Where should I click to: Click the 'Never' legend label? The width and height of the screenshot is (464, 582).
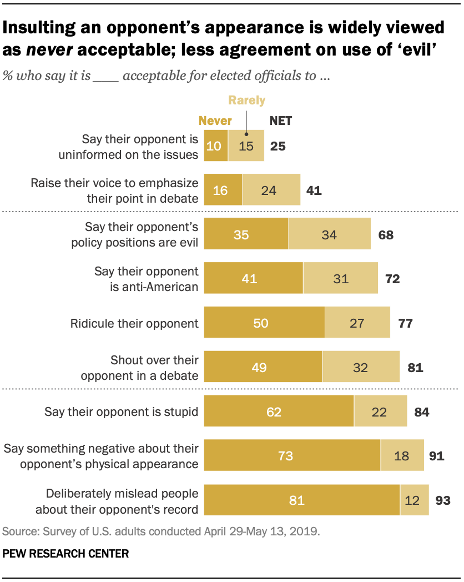[x=215, y=121]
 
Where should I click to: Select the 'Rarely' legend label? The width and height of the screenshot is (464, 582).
[x=247, y=101]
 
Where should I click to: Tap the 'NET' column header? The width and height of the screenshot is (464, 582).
[x=280, y=121]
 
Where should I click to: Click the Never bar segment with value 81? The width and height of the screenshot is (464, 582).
[x=302, y=500]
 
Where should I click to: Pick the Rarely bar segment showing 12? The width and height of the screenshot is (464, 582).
[x=414, y=500]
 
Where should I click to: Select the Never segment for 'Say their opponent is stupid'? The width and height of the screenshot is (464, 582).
[x=279, y=412]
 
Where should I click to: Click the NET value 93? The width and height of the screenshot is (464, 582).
[x=442, y=500]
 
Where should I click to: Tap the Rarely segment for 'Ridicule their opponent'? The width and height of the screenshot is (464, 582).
[x=357, y=323]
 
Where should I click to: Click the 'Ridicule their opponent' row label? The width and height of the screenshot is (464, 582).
[x=134, y=323]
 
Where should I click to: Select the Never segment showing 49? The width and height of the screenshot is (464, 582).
[x=263, y=367]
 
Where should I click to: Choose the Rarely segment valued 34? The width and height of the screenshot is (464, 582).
[x=330, y=234]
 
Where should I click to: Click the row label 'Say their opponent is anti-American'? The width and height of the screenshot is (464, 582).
[x=146, y=278]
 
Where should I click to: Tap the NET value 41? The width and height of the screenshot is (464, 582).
[x=314, y=190]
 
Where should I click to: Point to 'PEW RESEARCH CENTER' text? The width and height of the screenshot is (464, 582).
[x=65, y=554]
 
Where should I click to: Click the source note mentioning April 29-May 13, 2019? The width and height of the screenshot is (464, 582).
[x=161, y=531]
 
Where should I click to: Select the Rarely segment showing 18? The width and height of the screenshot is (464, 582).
[x=402, y=456]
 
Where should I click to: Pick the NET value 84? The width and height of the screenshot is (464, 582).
[x=421, y=412]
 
